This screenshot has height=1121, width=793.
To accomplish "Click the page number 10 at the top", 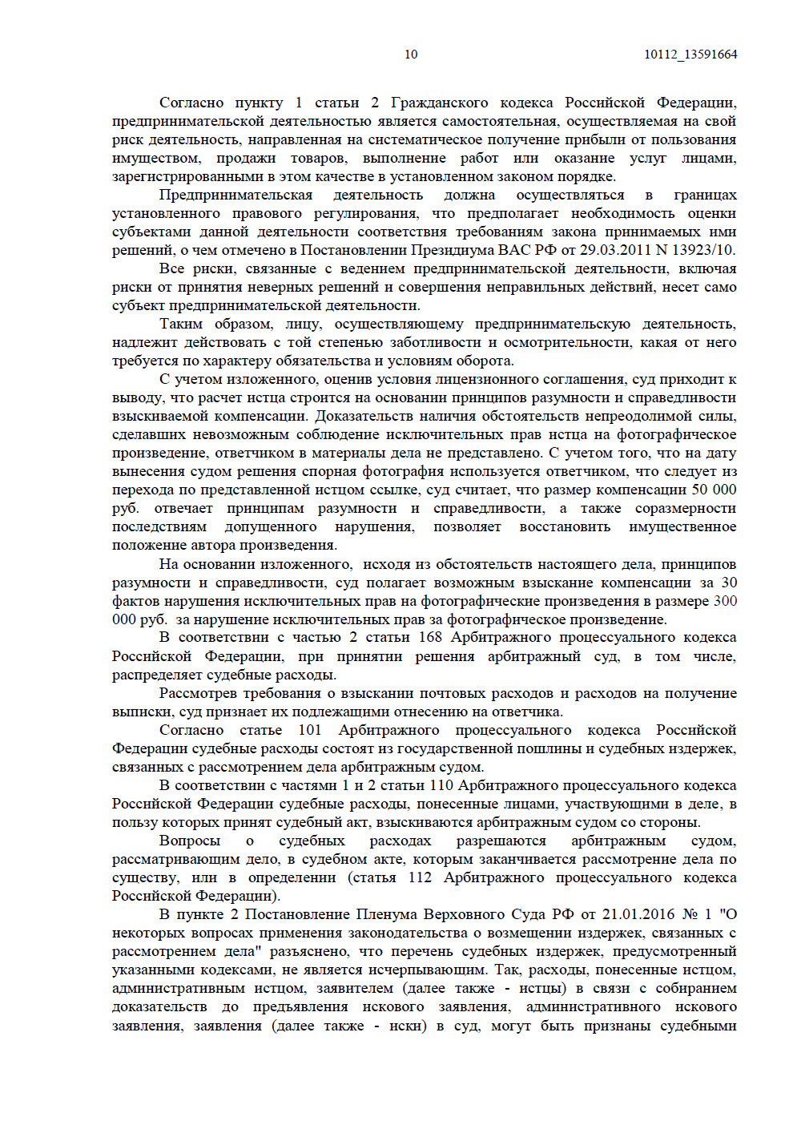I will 411,54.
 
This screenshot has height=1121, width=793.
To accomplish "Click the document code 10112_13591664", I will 690,54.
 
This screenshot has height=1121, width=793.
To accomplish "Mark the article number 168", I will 430,637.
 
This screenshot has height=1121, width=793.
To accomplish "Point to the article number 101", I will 310,730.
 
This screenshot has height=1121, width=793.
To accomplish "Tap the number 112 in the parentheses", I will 420,877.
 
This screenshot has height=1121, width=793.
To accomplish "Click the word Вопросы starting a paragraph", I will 190,841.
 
